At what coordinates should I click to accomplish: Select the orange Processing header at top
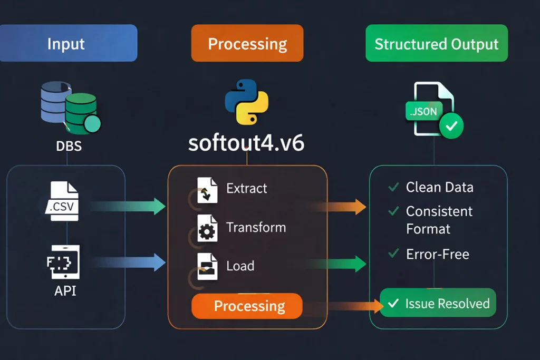coord(247,43)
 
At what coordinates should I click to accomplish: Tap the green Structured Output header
coord(436,43)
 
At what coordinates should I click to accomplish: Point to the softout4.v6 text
coord(246,143)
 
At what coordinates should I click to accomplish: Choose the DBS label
coord(69,146)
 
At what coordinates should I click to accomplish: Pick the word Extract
coord(246,188)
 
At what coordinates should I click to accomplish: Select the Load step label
coord(240,266)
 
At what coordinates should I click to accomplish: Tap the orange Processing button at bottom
coord(247,306)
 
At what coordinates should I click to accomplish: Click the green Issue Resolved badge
coord(438,303)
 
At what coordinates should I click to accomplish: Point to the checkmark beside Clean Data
coord(393,187)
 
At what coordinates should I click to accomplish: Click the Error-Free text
coord(437,254)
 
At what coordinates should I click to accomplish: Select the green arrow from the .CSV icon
coord(132,206)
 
